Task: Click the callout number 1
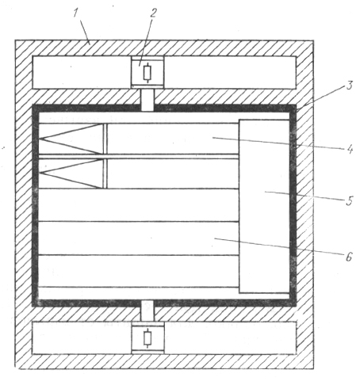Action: [x=76, y=13]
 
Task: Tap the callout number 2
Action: [x=154, y=13]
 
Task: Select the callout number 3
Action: [x=349, y=86]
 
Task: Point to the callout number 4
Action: [x=350, y=150]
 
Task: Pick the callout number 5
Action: [x=350, y=201]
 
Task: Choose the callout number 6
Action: [x=349, y=257]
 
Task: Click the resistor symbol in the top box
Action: [x=147, y=73]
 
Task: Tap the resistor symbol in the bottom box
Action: [x=147, y=338]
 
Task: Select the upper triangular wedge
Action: [x=71, y=139]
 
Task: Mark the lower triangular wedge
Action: [x=71, y=173]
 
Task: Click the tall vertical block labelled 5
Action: [x=264, y=206]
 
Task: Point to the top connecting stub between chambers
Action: [x=147, y=100]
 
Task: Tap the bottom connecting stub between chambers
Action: [x=147, y=311]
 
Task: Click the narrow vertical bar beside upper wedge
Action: [x=105, y=139]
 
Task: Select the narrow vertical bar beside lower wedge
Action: [x=105, y=173]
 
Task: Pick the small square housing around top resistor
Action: [x=147, y=72]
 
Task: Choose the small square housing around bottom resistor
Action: [x=147, y=338]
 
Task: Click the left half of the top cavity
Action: [x=82, y=72]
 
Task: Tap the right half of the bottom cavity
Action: [x=230, y=338]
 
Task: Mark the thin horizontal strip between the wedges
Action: [x=139, y=157]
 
